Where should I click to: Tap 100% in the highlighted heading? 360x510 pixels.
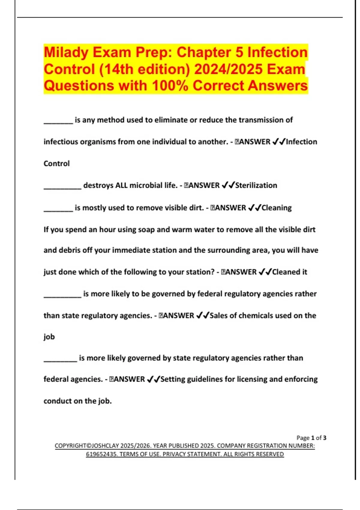170,86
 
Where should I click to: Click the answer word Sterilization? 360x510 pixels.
256,185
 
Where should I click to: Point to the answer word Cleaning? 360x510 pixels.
276,208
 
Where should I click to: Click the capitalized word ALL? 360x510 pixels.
121,185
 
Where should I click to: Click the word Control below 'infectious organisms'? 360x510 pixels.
56,163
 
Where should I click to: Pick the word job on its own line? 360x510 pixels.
49,337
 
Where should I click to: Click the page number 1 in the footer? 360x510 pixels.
313,438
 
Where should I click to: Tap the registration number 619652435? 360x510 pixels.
101,454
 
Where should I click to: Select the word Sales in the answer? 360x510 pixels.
219,316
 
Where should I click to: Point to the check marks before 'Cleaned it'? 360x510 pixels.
265,272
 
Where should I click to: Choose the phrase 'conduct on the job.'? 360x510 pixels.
77,401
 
